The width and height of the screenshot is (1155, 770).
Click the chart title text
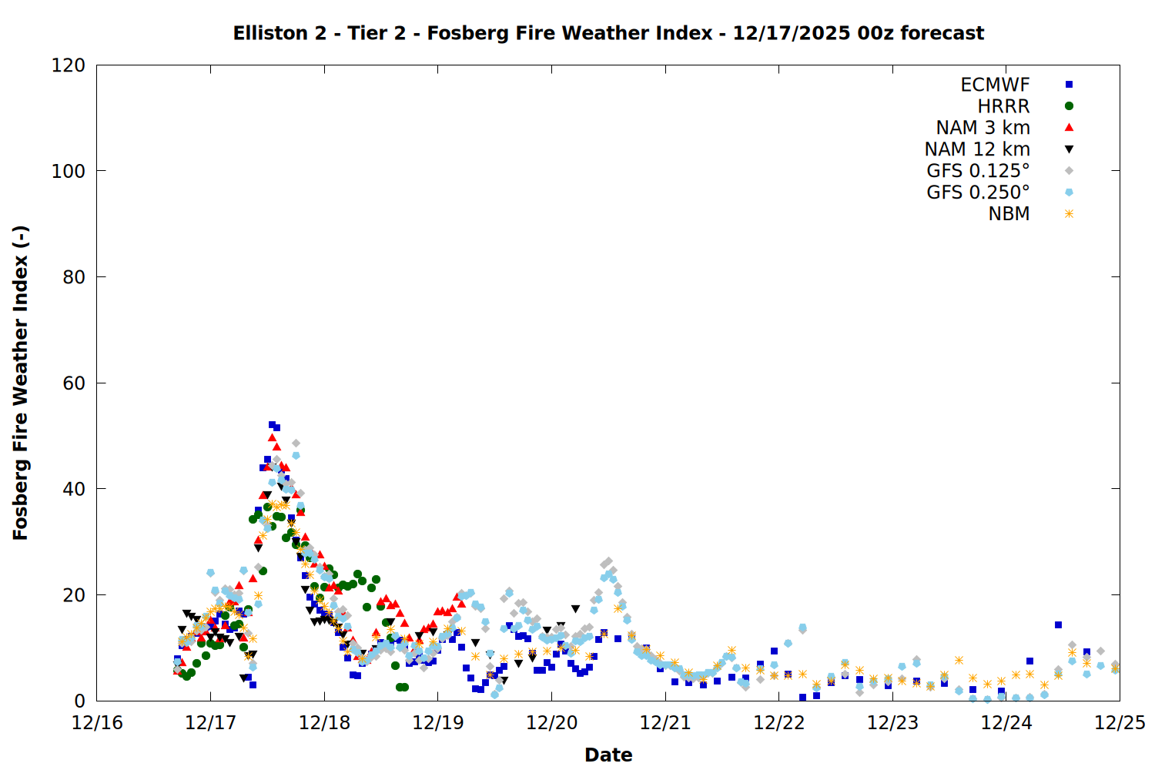point(608,33)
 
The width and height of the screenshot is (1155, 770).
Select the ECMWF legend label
point(995,85)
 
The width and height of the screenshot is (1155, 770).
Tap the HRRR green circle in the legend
point(1069,106)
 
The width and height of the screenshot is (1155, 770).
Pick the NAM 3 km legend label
point(983,128)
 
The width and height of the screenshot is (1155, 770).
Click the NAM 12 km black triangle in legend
point(1069,149)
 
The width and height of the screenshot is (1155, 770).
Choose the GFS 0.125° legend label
point(978,171)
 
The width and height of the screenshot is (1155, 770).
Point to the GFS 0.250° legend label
point(978,192)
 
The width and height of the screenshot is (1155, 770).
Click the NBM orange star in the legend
point(1069,214)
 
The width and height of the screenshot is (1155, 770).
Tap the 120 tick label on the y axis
point(69,65)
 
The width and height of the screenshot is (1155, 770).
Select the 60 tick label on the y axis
point(74,383)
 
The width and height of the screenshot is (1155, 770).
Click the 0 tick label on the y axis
point(79,701)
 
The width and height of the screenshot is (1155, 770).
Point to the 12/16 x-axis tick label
point(97,723)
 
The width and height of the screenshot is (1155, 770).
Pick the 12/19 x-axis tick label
point(438,723)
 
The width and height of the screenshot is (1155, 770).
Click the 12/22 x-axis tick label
point(779,723)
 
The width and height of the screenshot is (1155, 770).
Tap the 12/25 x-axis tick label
point(1120,723)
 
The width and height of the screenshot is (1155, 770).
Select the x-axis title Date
point(608,755)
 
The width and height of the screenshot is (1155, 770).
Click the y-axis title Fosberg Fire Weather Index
point(21,383)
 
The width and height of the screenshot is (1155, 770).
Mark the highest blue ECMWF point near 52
point(272,425)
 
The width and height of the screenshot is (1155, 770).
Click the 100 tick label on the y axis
point(69,171)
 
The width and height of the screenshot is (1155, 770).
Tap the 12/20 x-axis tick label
point(551,723)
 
